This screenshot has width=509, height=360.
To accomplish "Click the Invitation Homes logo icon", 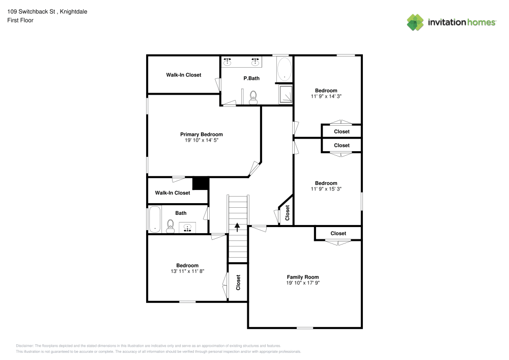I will [415, 22].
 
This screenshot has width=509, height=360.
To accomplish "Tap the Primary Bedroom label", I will [202, 134].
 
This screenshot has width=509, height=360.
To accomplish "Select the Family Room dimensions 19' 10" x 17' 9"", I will [302, 283].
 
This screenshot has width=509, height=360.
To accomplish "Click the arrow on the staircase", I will [237, 227].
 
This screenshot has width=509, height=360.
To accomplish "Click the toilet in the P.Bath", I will [253, 96].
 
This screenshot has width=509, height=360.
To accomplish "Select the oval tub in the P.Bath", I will [284, 69].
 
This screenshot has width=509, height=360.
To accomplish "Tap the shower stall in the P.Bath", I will [286, 94].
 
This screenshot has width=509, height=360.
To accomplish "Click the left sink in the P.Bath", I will [228, 62].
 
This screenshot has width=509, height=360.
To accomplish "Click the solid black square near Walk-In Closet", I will [201, 183].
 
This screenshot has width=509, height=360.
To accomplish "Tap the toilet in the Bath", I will [171, 225].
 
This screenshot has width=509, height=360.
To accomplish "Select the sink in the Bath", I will [188, 227].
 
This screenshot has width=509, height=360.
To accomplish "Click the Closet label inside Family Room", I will [338, 233].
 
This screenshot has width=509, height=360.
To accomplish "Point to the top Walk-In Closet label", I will [183, 75].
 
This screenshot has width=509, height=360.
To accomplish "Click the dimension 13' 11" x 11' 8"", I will [187, 271].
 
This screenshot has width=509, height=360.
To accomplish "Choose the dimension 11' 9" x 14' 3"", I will [326, 96].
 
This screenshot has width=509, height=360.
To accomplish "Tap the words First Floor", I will [20, 20].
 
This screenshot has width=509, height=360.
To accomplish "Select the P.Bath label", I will [251, 78].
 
